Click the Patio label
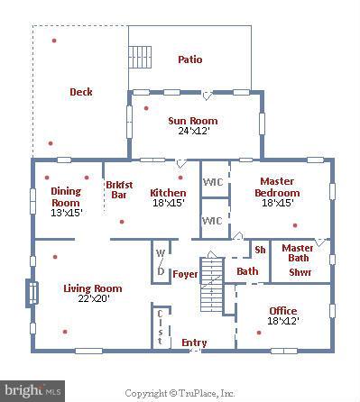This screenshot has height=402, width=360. click(x=189, y=59)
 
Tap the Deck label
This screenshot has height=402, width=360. click(x=81, y=91)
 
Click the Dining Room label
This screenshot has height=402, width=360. click(x=66, y=196)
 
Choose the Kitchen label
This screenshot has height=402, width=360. click(x=168, y=192)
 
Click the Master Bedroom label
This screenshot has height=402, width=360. click(x=277, y=187)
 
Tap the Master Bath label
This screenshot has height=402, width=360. click(x=297, y=253)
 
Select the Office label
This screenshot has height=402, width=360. click(x=282, y=311)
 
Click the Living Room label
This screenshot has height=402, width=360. click(x=92, y=288)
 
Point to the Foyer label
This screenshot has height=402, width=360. click(x=185, y=274)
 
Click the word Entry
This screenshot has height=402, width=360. click(x=194, y=343)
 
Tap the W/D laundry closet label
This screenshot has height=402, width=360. click(x=161, y=261)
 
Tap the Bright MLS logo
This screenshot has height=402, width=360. click(x=33, y=391)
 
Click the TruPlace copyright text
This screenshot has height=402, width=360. click(x=180, y=393)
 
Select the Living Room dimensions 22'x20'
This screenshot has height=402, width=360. click(x=92, y=300)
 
